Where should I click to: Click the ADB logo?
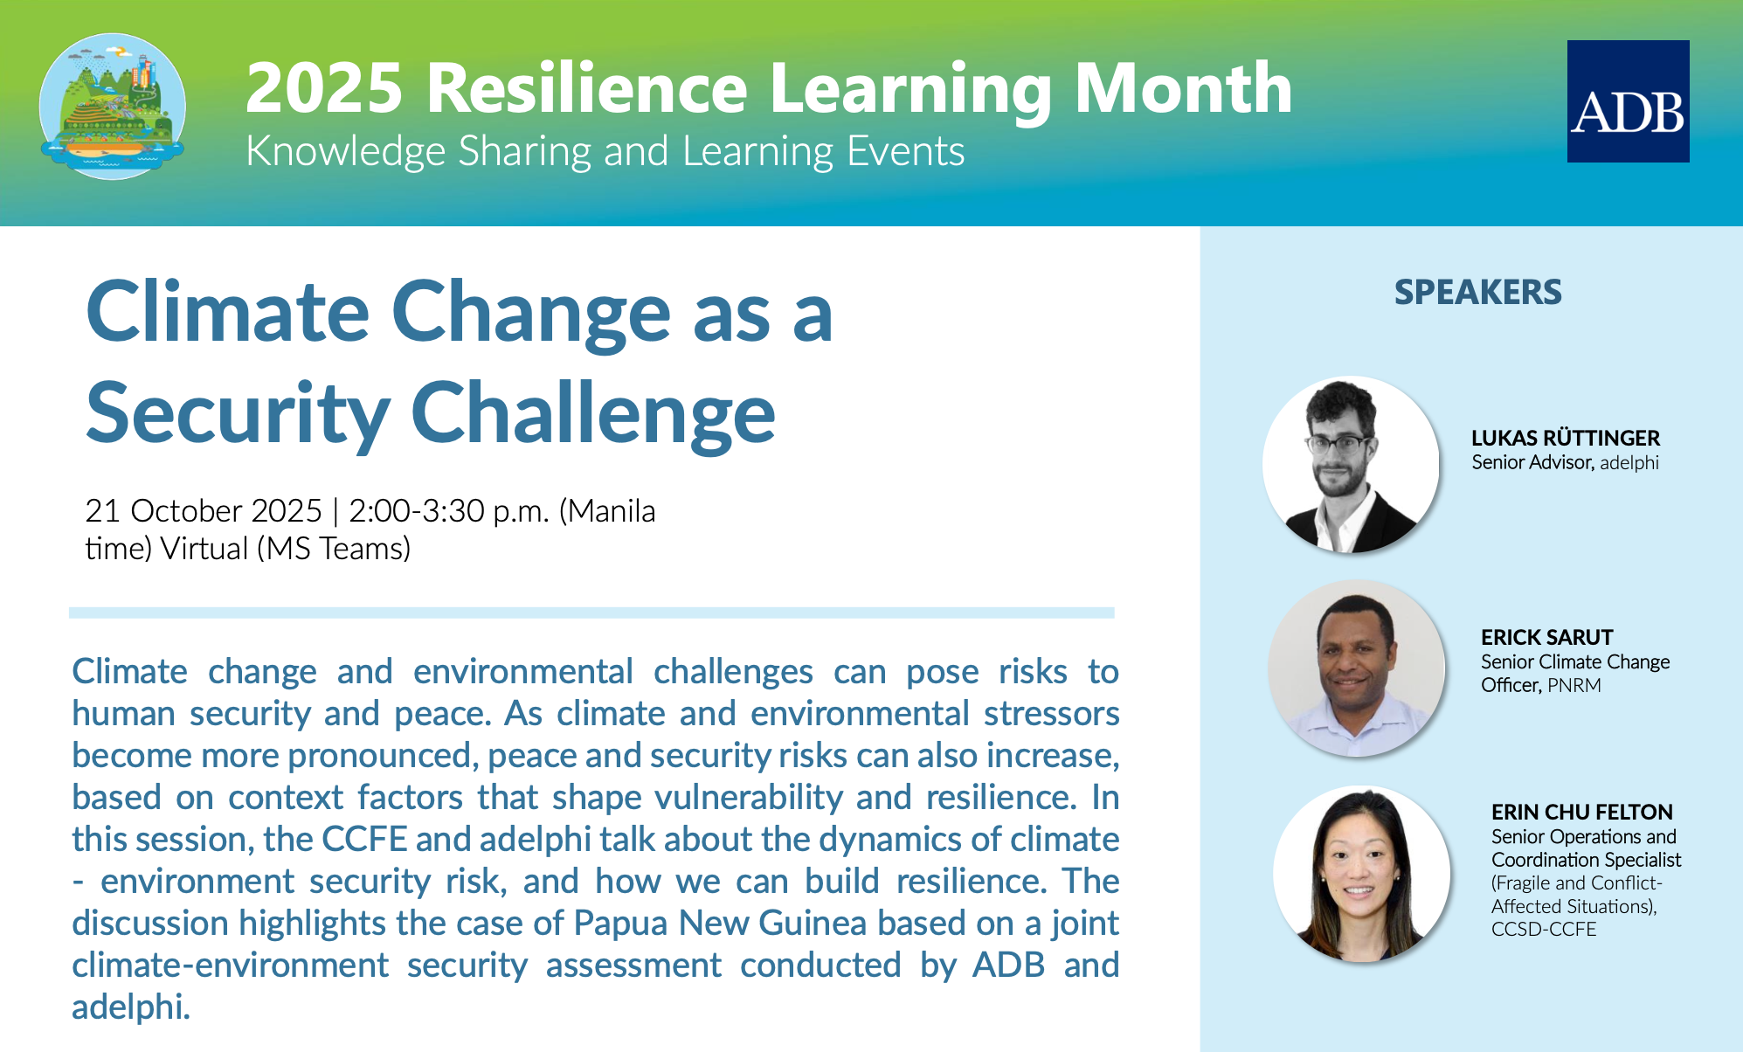coord(1628,101)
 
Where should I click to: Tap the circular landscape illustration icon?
coord(113,107)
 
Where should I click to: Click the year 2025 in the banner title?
coord(324,88)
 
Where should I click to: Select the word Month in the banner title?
coord(1183,88)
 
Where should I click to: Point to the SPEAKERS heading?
coord(1477,292)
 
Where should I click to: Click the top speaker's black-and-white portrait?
coord(1351,464)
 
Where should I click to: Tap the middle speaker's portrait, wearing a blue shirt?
coord(1357,668)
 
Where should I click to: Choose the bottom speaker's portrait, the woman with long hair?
coord(1361,874)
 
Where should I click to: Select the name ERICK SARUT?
coord(1547,637)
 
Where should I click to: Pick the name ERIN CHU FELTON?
coord(1582,812)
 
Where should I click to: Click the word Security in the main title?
coord(238,413)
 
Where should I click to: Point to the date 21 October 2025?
coord(204,510)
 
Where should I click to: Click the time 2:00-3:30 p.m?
coord(449,511)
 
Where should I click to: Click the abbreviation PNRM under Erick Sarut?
coord(1574,685)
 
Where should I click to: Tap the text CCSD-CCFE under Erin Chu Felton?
coord(1544,929)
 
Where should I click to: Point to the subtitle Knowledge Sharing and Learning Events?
coord(605,151)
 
